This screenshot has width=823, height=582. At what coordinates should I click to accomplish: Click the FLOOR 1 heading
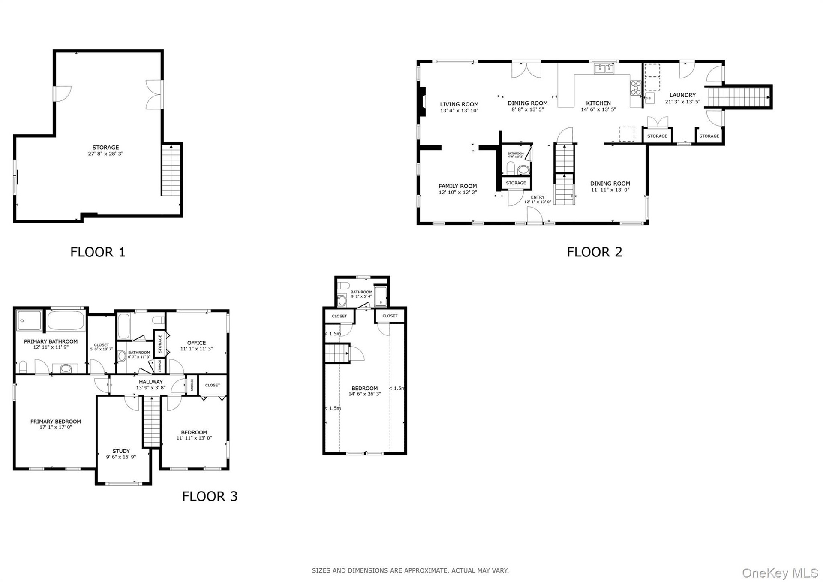pyautogui.click(x=98, y=252)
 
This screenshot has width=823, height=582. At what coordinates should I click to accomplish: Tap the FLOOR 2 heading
pyautogui.click(x=594, y=252)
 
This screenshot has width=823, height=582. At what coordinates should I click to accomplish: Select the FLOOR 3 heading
pyautogui.click(x=210, y=496)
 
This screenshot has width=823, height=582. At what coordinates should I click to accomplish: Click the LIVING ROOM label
pyautogui.click(x=459, y=104)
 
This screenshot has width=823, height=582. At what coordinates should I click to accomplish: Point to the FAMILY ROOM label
pyautogui.click(x=457, y=186)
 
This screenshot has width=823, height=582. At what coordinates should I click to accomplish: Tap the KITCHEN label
pyautogui.click(x=598, y=103)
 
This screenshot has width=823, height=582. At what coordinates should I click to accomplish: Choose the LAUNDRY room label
pyautogui.click(x=682, y=95)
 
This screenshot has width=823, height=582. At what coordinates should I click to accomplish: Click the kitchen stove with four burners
pyautogui.click(x=635, y=88)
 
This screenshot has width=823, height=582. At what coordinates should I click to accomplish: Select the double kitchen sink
pyautogui.click(x=604, y=69)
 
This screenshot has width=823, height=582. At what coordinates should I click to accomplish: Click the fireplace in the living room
pyautogui.click(x=422, y=102)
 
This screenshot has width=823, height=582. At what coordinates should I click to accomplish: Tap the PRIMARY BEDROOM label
pyautogui.click(x=56, y=422)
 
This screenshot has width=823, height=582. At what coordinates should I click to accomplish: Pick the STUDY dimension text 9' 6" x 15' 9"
pyautogui.click(x=121, y=457)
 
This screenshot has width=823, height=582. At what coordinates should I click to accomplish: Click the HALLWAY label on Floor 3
pyautogui.click(x=151, y=382)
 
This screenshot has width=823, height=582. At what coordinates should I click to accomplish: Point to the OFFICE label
pyautogui.click(x=196, y=343)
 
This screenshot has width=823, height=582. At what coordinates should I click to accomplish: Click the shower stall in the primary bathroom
pyautogui.click(x=29, y=320)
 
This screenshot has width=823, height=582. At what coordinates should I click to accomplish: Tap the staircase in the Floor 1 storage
pyautogui.click(x=171, y=170)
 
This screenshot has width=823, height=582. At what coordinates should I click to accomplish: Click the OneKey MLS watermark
pyautogui.click(x=780, y=573)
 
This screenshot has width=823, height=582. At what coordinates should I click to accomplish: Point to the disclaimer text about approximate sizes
pyautogui.click(x=410, y=570)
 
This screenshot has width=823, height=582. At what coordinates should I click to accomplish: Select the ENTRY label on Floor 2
pyautogui.click(x=538, y=197)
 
